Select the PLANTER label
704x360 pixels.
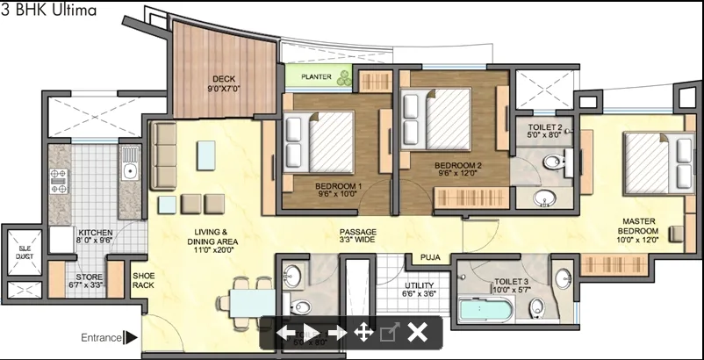point(316,77)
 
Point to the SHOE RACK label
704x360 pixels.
point(143,280)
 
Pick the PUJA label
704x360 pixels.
point(428,258)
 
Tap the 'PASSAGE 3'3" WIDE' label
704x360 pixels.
point(357,235)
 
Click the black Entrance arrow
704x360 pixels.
point(131,336)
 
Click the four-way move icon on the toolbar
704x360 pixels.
point(363,332)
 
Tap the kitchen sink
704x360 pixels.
point(130,163)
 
